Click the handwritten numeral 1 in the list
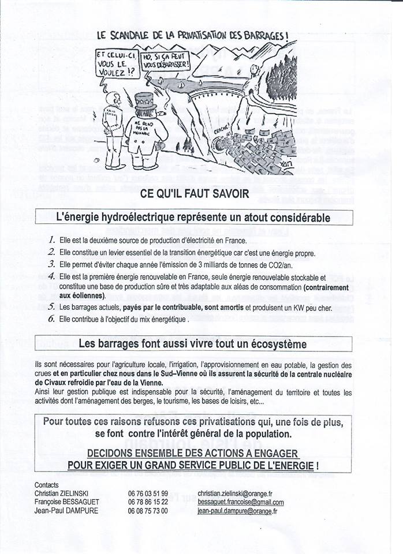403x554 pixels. tap(51, 240)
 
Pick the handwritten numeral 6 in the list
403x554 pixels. tap(51, 319)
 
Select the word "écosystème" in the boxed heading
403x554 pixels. tap(275, 344)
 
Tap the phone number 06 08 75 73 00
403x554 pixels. tap(148, 511)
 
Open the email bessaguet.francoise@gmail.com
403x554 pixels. tap(241, 502)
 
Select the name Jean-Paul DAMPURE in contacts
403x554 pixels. tap(66, 511)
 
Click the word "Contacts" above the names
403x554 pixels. tap(47, 485)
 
